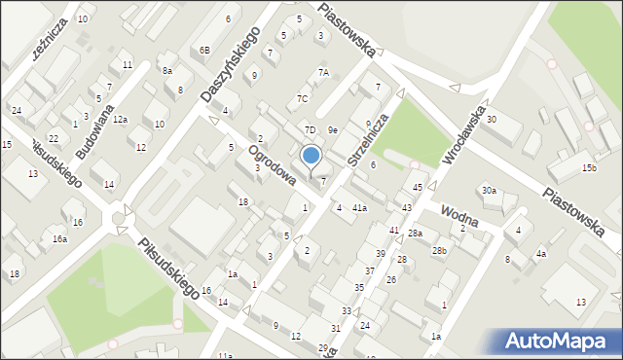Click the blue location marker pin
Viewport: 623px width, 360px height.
coord(311,156)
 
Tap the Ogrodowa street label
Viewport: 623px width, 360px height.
coord(272,166)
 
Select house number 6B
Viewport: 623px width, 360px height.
coord(204,50)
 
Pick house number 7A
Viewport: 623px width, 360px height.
coord(324,73)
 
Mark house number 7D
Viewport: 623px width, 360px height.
coord(310,129)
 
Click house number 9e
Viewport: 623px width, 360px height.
coord(332,129)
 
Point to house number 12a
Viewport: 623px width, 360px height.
coord(120,119)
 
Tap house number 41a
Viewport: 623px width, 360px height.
coord(359,208)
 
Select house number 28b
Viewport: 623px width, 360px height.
coord(440,251)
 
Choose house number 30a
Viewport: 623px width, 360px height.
coord(489,191)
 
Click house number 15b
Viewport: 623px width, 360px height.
coord(589,168)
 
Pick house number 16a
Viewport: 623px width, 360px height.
coord(60,238)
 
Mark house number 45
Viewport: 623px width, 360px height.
coord(418,187)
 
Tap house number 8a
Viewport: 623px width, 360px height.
coord(167,70)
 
